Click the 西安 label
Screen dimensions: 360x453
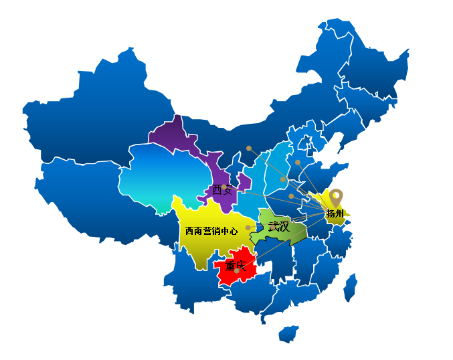[x=222, y=190]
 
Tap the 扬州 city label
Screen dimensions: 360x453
[x=335, y=214]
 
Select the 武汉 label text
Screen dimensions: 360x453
[x=278, y=226]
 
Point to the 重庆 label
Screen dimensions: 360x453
[x=236, y=266]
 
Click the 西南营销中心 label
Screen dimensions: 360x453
[x=211, y=231]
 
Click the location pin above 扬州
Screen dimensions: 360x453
[x=336, y=197]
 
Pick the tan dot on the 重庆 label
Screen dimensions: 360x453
[x=236, y=270]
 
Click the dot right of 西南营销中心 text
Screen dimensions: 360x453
[x=248, y=228]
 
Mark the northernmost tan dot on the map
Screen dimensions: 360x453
[x=249, y=148]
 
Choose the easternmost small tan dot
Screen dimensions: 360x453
[x=298, y=162]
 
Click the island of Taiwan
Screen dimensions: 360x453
[x=350, y=286]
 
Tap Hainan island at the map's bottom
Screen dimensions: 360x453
[x=288, y=333]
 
